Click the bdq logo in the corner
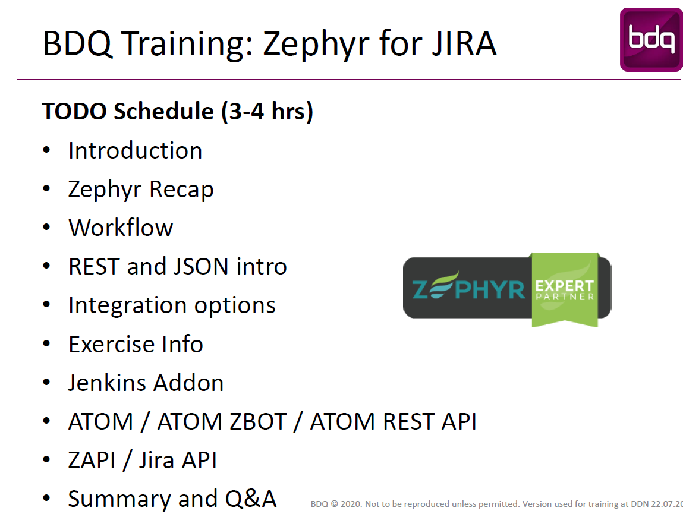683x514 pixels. (651, 40)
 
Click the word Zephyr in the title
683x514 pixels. (316, 45)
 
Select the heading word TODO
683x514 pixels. (74, 111)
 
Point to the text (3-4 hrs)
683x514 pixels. (267, 112)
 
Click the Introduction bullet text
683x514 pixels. (135, 151)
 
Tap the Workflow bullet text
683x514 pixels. (121, 228)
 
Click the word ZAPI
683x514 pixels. (92, 460)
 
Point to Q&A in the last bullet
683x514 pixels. (251, 499)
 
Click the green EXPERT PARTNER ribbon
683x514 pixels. (565, 290)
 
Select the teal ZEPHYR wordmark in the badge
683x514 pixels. (468, 287)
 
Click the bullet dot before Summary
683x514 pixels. (46, 498)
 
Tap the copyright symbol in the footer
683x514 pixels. (335, 504)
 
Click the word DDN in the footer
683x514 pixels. (640, 504)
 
